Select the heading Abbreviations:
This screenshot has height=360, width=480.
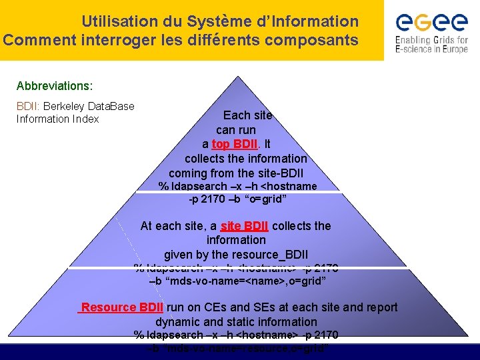pos(55,87)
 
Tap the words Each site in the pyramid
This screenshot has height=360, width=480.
pos(247,115)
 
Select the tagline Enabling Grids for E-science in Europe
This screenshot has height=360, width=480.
pos(431,45)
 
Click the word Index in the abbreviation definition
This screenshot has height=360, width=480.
pos(86,119)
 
